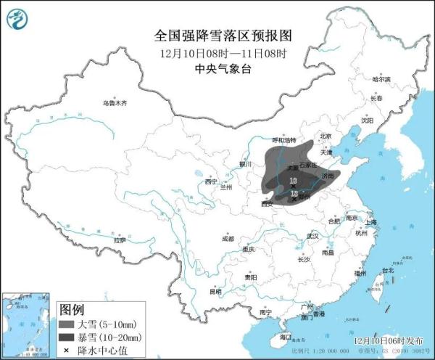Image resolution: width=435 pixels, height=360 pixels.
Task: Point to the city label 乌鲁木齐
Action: (114, 104)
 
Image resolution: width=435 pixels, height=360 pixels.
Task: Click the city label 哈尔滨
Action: (381, 79)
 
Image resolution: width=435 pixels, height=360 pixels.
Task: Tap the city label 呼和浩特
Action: (263, 140)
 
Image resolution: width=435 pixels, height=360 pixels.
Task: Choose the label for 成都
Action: (228, 238)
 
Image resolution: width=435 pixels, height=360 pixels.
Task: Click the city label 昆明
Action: (215, 292)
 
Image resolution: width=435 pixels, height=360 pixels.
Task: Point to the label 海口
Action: (285, 337)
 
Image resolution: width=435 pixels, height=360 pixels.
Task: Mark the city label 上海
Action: (370, 222)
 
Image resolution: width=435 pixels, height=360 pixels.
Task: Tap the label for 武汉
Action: (312, 236)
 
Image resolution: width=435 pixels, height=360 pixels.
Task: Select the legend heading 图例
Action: (70, 308)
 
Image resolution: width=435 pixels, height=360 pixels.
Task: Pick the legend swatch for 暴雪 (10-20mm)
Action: (67, 337)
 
